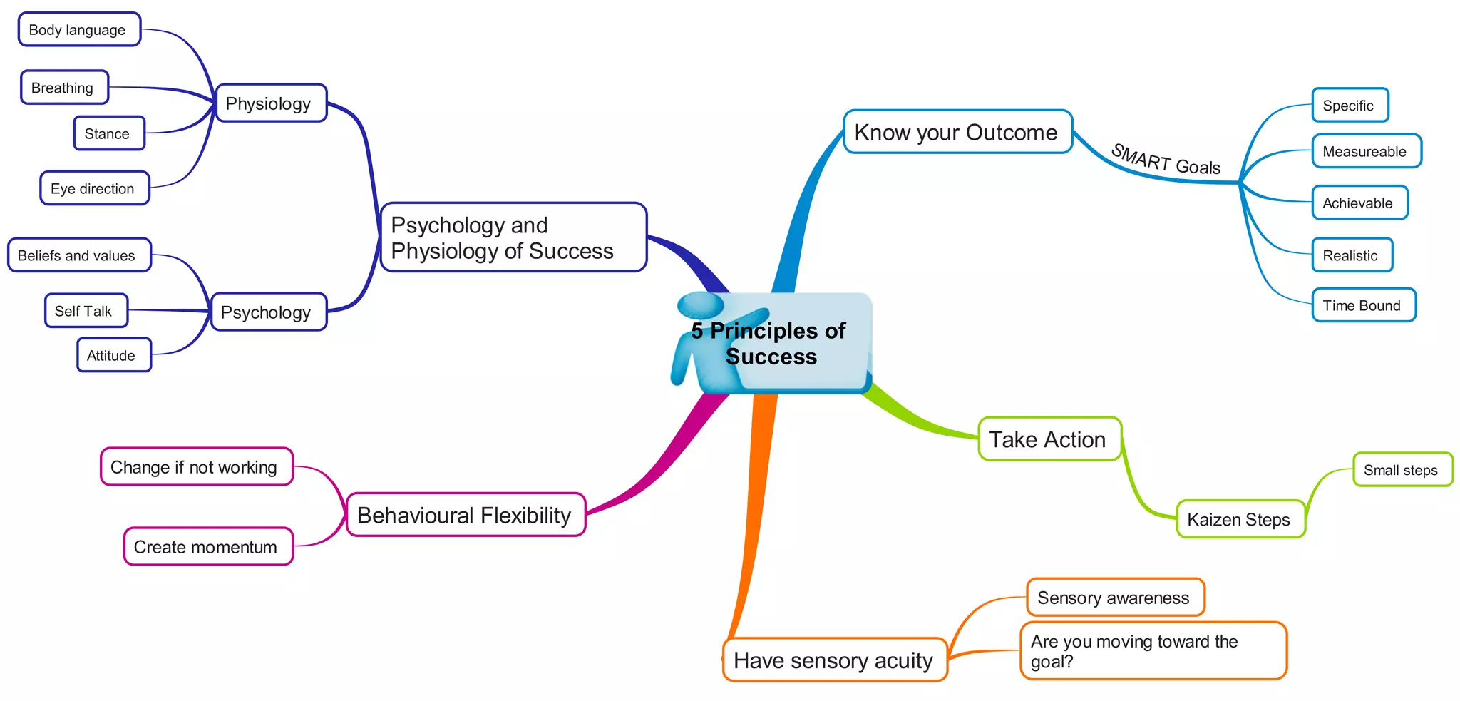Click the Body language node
coord(79,30)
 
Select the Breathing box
coord(64,88)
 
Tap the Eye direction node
coord(94,188)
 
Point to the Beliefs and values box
coord(78,255)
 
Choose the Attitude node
coord(113,355)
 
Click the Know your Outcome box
coord(957,132)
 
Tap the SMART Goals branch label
coord(1166,160)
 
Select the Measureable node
coord(1366,151)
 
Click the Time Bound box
coord(1363,305)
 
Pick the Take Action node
coord(1049,439)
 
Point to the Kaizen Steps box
coord(1240,519)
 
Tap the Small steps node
coord(1402,470)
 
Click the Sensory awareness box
coord(1114,598)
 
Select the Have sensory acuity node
coord(834,660)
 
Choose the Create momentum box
coord(207,547)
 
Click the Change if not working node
coord(195,467)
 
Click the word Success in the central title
coord(771,357)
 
